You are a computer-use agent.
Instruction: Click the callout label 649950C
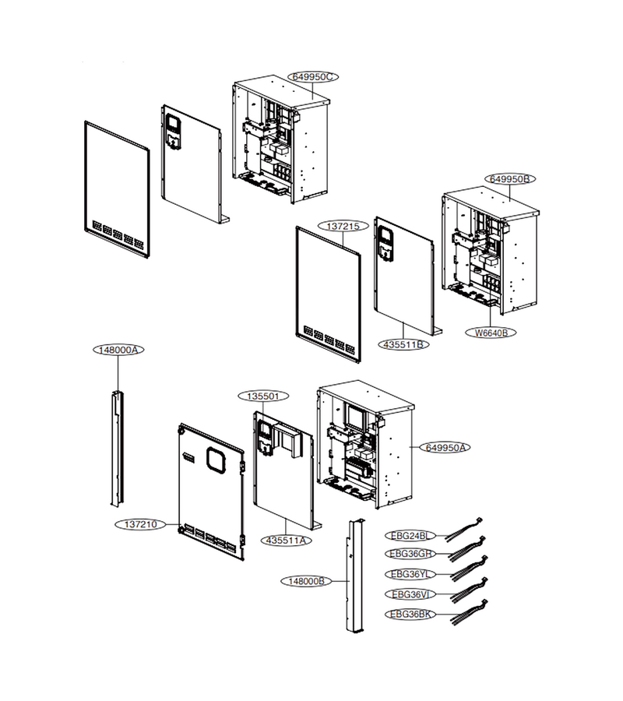(313, 77)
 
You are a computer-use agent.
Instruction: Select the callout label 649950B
(510, 179)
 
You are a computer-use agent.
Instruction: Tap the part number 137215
(343, 226)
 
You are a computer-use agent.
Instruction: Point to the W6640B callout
(491, 333)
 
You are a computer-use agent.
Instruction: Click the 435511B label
(403, 345)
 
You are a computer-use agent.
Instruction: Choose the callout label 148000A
(118, 350)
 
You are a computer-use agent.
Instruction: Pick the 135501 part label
(262, 396)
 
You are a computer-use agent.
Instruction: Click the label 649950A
(445, 448)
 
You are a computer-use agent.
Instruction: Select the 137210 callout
(140, 524)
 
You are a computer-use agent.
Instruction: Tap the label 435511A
(286, 540)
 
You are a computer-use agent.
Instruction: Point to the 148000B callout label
(306, 581)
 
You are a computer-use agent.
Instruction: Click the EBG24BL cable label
(410, 536)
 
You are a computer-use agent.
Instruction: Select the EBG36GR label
(410, 554)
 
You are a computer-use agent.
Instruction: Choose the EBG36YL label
(410, 574)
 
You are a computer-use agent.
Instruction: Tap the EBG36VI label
(410, 594)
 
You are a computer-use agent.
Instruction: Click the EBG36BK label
(410, 615)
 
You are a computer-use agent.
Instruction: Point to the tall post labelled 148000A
(117, 449)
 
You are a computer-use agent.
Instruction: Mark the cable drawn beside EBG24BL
(464, 530)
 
